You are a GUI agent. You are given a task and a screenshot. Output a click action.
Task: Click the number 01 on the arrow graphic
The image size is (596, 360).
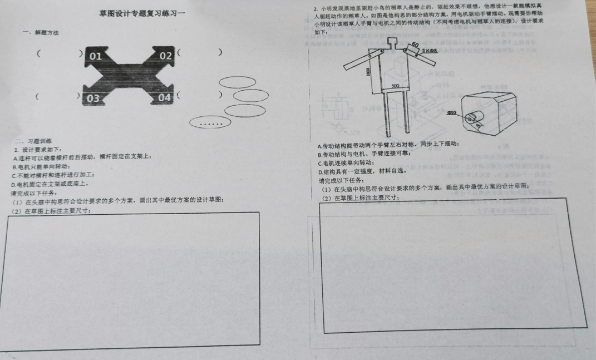pos(96,56)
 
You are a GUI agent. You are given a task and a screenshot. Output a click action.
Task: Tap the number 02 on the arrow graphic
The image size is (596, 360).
pos(166,56)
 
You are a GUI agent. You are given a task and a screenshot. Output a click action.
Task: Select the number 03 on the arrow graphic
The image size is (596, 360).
pos(93,98)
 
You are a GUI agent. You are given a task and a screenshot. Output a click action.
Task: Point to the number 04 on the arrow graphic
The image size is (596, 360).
pos(165,97)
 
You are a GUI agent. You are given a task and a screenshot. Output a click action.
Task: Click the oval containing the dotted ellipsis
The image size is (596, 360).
pos(210,122)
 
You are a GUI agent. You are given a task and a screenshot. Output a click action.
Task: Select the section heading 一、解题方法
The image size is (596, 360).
pos(41,33)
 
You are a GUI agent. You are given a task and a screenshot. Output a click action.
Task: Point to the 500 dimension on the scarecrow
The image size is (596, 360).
pos(395,86)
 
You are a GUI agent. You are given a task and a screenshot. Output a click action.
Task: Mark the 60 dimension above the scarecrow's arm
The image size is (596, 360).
pos(415,45)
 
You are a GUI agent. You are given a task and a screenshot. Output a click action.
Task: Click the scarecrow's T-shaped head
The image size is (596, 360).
pos(393,42)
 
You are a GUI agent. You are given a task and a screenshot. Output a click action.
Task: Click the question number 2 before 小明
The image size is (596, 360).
pos(316,9)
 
